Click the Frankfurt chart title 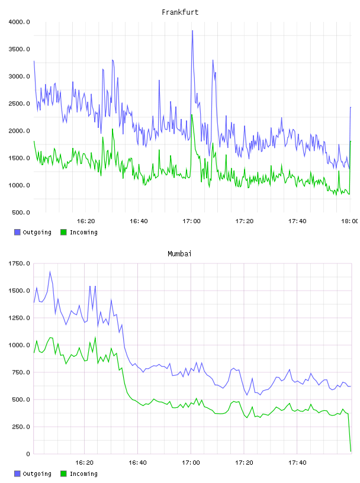[180, 12]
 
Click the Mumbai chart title [179, 253]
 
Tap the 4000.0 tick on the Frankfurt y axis [19, 22]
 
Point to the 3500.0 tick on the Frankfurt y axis [19, 49]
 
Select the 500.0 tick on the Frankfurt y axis [21, 212]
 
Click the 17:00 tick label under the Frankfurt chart [191, 221]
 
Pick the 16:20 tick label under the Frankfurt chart [86, 221]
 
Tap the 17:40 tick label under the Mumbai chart [297, 462]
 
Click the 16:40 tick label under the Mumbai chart [137, 462]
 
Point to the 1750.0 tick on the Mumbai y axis [19, 263]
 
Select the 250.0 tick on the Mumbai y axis [21, 427]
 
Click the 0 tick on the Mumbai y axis [28, 454]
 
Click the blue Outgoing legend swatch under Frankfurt [17, 232]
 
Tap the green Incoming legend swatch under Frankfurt [63, 232]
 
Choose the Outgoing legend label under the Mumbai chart [37, 474]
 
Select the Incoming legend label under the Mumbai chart [83, 474]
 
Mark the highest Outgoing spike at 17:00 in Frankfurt [192, 31]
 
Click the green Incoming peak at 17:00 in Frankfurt [192, 115]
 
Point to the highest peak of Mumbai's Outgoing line [50, 272]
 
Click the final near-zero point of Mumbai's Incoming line [351, 451]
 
